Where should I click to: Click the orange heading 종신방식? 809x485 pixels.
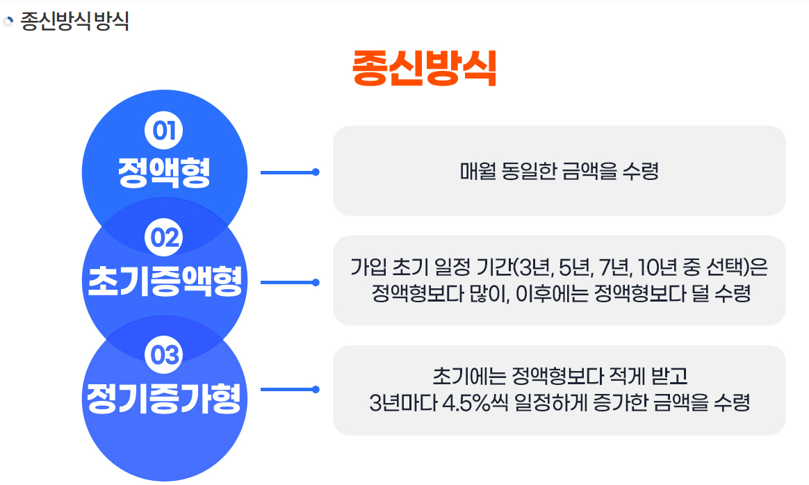click(425, 68)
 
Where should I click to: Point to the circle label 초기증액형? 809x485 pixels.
click(165, 281)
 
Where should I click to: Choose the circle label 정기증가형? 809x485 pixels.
click(164, 397)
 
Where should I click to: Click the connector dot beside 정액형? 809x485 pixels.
click(316, 172)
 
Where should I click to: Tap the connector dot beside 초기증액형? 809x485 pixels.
click(316, 282)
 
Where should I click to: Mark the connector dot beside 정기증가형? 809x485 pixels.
click(316, 390)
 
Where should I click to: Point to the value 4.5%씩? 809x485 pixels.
click(474, 403)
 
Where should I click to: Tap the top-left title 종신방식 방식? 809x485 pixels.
click(74, 21)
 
